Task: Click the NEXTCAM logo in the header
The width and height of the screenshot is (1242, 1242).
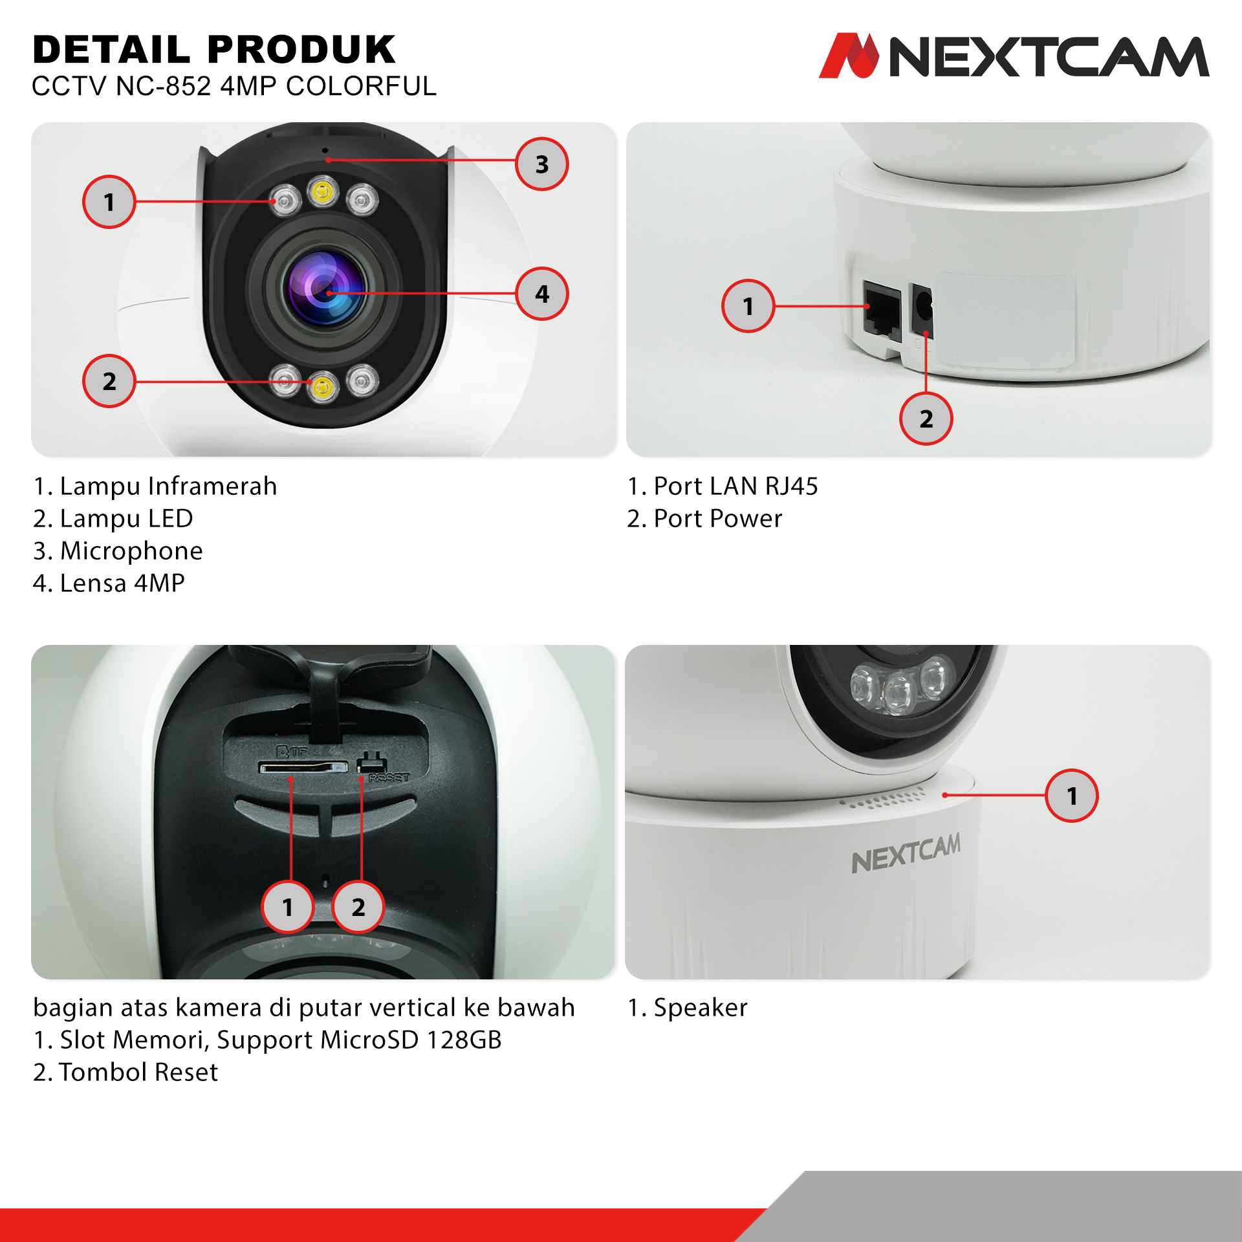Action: (1014, 56)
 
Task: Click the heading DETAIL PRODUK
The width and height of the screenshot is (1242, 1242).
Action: (214, 50)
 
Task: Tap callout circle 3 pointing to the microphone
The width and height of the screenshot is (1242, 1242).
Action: (542, 164)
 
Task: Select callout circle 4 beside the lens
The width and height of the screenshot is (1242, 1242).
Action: (542, 294)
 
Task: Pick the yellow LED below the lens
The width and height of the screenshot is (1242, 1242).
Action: (322, 387)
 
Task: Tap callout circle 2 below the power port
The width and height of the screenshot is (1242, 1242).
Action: (926, 419)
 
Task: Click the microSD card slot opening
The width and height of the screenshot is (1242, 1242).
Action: (303, 767)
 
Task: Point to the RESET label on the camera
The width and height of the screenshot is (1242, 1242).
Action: (389, 778)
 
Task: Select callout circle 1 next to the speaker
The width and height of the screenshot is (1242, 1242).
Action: (1072, 796)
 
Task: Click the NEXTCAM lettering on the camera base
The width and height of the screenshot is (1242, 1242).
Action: (906, 853)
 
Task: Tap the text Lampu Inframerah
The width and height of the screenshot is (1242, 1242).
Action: (168, 486)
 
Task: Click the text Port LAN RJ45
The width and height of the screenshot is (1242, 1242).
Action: (736, 486)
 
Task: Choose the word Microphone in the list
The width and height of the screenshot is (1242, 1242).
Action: (131, 550)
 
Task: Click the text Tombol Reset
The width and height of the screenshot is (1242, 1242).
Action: (138, 1072)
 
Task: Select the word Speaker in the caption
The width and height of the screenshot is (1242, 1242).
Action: (701, 1008)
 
